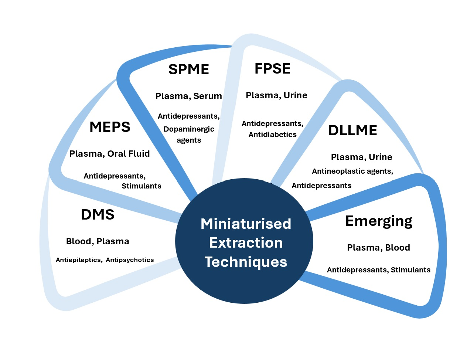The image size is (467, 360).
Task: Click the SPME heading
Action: click(188, 69)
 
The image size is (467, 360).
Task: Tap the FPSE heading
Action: click(272, 69)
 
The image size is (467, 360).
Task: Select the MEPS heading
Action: click(110, 127)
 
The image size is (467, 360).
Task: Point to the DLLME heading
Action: click(352, 130)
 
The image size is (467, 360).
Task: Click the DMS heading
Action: click(98, 215)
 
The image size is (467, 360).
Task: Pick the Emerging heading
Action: click(379, 221)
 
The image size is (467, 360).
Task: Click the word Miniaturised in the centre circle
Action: click(246, 224)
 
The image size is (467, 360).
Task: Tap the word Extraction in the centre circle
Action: click(246, 243)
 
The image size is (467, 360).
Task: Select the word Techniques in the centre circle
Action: click(246, 262)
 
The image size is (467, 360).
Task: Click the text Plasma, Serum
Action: click(188, 96)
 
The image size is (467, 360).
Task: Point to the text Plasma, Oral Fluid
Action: click(109, 154)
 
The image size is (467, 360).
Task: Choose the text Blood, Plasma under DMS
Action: click(98, 241)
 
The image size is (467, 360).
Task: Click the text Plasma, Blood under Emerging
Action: click(378, 248)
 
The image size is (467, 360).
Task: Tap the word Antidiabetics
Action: click(272, 135)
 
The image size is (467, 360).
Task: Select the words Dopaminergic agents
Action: click(189, 135)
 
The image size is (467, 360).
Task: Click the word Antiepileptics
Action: click(78, 260)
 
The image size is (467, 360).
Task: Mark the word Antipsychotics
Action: click(130, 260)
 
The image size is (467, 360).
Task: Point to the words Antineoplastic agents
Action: click(352, 171)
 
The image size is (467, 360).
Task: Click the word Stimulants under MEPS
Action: click(142, 186)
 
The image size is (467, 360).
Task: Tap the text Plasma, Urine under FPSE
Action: click(276, 95)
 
